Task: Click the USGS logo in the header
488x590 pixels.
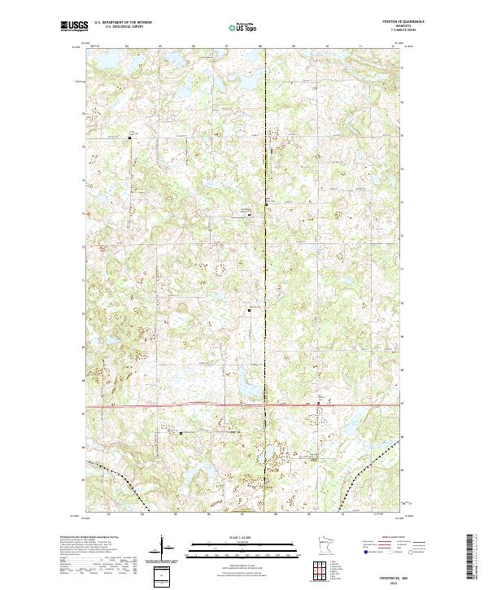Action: coord(74,27)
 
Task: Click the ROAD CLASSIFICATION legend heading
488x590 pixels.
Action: coord(393,538)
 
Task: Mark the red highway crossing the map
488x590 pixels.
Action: coord(203,404)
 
